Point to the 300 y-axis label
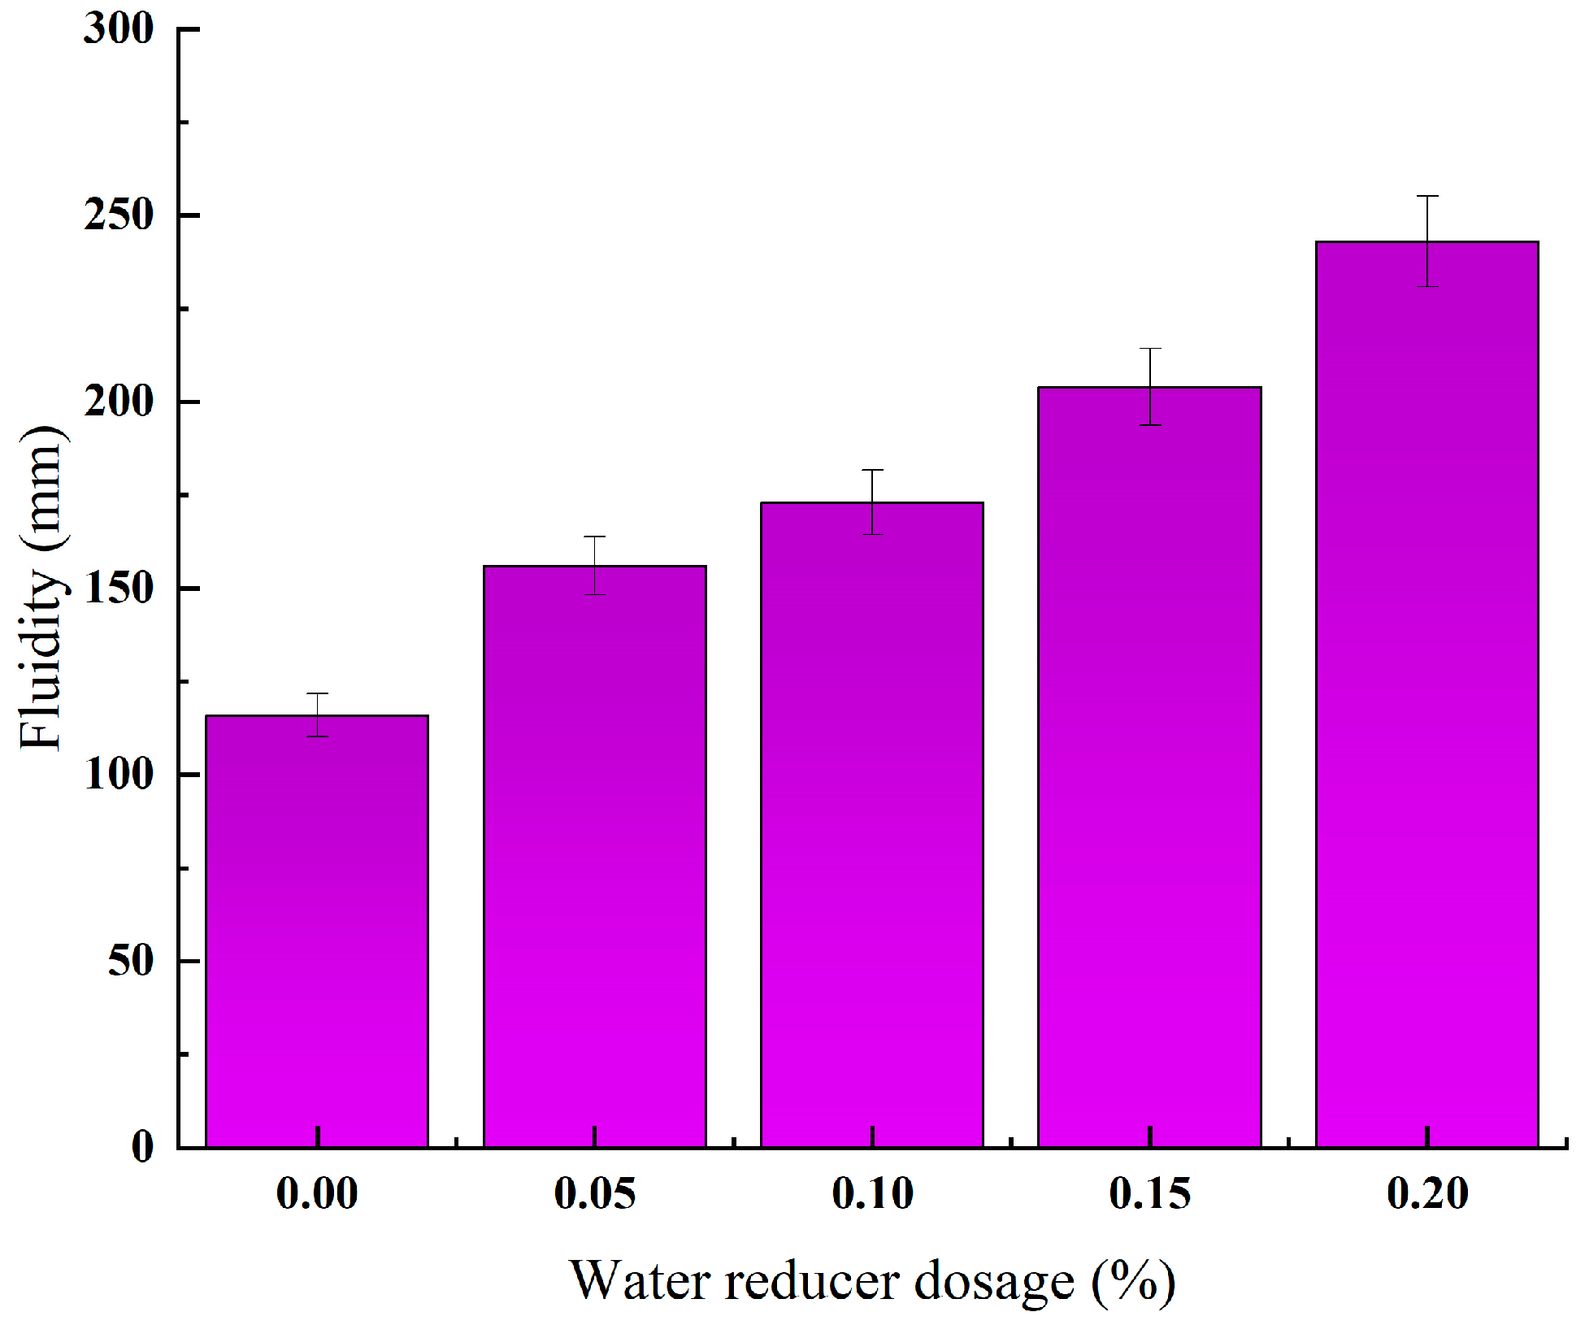[x=119, y=29]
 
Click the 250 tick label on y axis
[x=119, y=215]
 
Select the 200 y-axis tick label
[x=119, y=402]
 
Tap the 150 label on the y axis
[x=119, y=589]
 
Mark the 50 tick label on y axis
[x=130, y=961]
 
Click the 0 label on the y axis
[x=142, y=1147]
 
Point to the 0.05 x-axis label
[x=595, y=1194]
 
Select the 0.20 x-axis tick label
[x=1427, y=1194]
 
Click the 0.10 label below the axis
[x=872, y=1194]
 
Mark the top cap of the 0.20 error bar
[x=1427, y=196]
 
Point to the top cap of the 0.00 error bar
[x=317, y=693]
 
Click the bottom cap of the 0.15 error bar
[x=1149, y=425]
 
